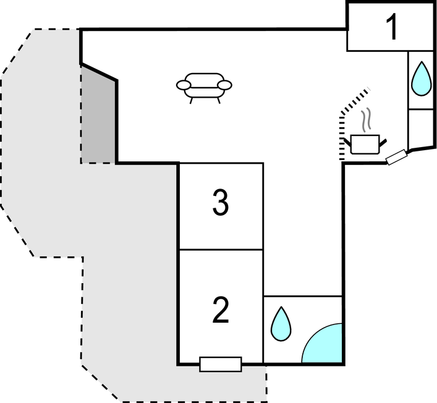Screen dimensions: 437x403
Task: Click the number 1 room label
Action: [x=392, y=27]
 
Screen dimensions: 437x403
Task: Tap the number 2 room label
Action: [x=221, y=310]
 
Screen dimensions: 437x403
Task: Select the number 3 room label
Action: [x=221, y=202]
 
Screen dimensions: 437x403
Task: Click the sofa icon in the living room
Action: [x=204, y=88]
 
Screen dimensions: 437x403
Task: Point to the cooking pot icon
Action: [x=365, y=145]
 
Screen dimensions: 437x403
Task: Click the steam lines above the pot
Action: [x=367, y=120]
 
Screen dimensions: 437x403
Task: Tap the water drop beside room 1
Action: [x=422, y=78]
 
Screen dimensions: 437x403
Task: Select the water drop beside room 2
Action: [x=281, y=324]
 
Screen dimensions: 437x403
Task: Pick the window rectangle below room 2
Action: [x=221, y=364]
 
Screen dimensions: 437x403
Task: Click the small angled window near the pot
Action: [x=397, y=157]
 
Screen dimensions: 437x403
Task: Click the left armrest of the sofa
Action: [x=184, y=85]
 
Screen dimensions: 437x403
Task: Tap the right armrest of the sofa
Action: [x=224, y=85]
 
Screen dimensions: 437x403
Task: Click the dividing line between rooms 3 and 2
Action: [x=221, y=250]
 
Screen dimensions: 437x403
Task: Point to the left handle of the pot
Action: [x=347, y=142]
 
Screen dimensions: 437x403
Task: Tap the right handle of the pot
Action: [x=383, y=143]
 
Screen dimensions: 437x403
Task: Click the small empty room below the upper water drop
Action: [x=421, y=129]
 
